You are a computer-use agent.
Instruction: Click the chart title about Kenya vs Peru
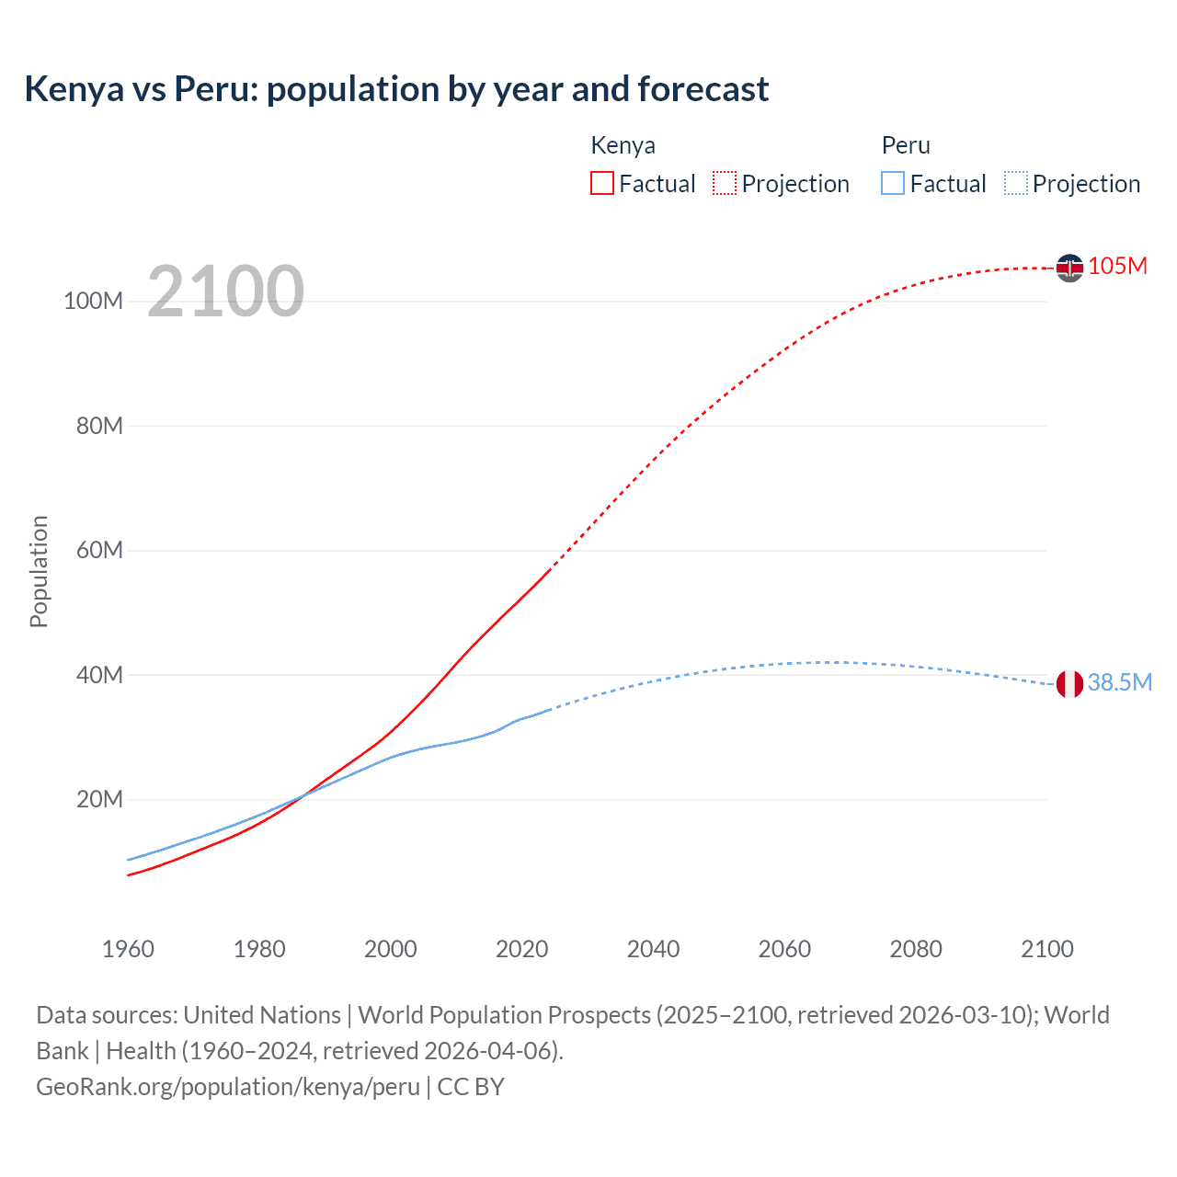[396, 89]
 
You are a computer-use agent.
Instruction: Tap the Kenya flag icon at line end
[1069, 268]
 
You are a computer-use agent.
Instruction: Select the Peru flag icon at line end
[1069, 684]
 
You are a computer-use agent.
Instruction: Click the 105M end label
[1117, 266]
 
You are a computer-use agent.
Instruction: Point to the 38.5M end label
[1119, 682]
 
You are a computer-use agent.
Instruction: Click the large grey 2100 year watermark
[225, 291]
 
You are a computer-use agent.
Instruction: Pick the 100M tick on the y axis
[93, 302]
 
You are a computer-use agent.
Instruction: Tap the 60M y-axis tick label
[99, 551]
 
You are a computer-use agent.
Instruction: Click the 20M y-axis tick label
[99, 800]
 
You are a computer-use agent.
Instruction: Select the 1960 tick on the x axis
[128, 949]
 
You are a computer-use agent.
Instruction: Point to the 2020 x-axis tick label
[521, 949]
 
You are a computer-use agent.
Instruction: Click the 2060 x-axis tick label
[784, 949]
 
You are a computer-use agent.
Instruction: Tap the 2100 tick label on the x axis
[1046, 949]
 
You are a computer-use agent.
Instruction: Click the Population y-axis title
[39, 571]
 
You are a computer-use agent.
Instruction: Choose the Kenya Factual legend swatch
[602, 184]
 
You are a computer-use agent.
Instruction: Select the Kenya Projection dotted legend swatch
[725, 184]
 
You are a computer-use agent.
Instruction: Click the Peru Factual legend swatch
[893, 184]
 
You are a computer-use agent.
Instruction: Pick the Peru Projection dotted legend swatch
[1016, 184]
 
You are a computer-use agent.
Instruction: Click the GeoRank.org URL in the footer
[228, 1087]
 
